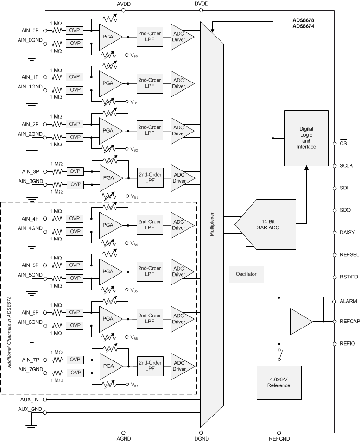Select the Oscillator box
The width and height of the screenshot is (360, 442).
tap(246, 274)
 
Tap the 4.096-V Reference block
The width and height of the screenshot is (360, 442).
tap(279, 382)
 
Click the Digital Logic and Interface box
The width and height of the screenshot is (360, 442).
tap(306, 138)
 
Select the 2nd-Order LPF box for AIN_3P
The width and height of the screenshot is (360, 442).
tap(150, 177)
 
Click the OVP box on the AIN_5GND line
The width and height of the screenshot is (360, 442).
tap(75, 278)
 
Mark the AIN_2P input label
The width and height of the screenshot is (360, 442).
tap(31, 125)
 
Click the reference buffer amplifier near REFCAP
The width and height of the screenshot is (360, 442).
tap(300, 321)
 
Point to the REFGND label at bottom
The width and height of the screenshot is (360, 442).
tap(279, 438)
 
